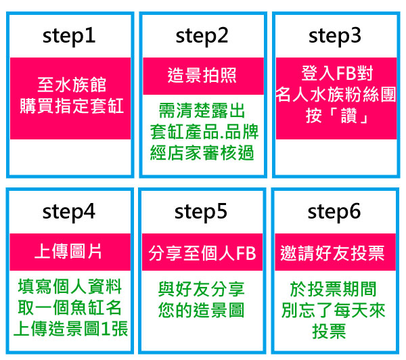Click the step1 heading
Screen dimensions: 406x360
[69, 37]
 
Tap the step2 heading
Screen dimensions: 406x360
[202, 37]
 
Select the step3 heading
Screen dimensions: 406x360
[335, 37]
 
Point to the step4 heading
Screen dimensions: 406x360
[69, 212]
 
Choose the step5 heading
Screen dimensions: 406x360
[201, 212]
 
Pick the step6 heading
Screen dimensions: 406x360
[334, 212]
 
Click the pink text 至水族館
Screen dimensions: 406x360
[72, 85]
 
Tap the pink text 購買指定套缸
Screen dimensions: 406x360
[72, 106]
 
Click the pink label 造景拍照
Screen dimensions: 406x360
[202, 75]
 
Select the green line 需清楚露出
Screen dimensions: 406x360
[202, 110]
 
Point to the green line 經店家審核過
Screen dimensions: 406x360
[202, 153]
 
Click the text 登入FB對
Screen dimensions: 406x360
[337, 73]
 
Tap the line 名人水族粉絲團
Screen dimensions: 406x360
[336, 95]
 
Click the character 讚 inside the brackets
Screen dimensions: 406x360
[348, 116]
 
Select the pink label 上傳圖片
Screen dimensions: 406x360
[68, 251]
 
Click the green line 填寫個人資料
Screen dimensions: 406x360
[70, 287]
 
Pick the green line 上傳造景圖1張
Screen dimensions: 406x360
[70, 329]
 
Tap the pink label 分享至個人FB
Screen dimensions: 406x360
[202, 253]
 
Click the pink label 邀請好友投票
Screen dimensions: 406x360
[332, 253]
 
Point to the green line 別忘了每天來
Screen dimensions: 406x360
[334, 311]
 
